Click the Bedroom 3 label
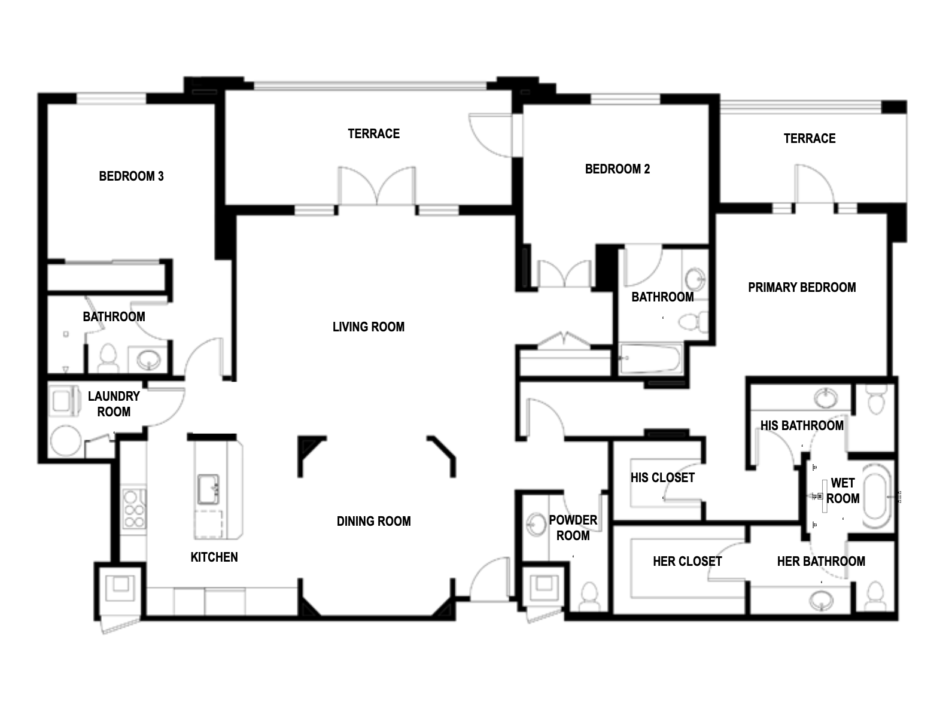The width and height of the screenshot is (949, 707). tap(132, 176)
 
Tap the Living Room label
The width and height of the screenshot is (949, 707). tap(369, 327)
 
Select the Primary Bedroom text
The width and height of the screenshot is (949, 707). tap(802, 287)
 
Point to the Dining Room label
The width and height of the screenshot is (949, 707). tap(373, 521)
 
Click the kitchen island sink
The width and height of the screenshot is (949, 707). tap(208, 490)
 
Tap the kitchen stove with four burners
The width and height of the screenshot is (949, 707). tap(133, 508)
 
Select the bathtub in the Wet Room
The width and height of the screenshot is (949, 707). tap(877, 498)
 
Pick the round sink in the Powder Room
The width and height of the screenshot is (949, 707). tap(536, 525)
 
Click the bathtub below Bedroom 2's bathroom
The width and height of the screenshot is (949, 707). tap(650, 358)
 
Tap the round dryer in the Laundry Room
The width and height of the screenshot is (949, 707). tap(66, 440)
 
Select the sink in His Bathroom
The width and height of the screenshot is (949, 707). tap(825, 398)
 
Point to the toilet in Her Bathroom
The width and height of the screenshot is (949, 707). tap(875, 596)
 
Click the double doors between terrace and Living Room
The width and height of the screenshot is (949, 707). tap(377, 186)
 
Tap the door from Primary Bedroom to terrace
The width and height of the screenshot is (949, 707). tap(814, 183)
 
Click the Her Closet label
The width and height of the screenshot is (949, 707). tap(688, 562)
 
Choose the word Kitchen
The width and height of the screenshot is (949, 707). tap(214, 557)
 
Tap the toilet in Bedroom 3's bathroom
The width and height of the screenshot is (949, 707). tap(108, 358)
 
